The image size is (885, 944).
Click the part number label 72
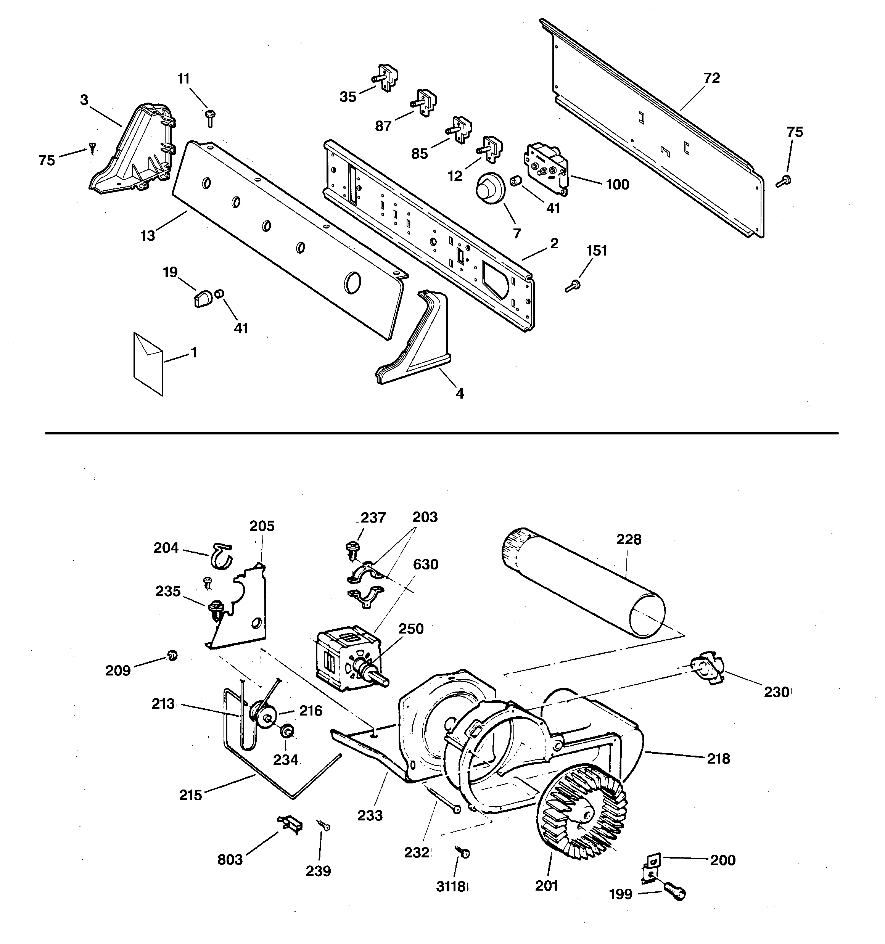pyautogui.click(x=711, y=78)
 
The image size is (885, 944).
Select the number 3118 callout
pyautogui.click(x=451, y=886)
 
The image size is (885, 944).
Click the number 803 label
pyautogui.click(x=230, y=859)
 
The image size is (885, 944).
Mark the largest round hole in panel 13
pyautogui.click(x=352, y=282)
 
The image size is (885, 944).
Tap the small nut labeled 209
pyautogui.click(x=172, y=656)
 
